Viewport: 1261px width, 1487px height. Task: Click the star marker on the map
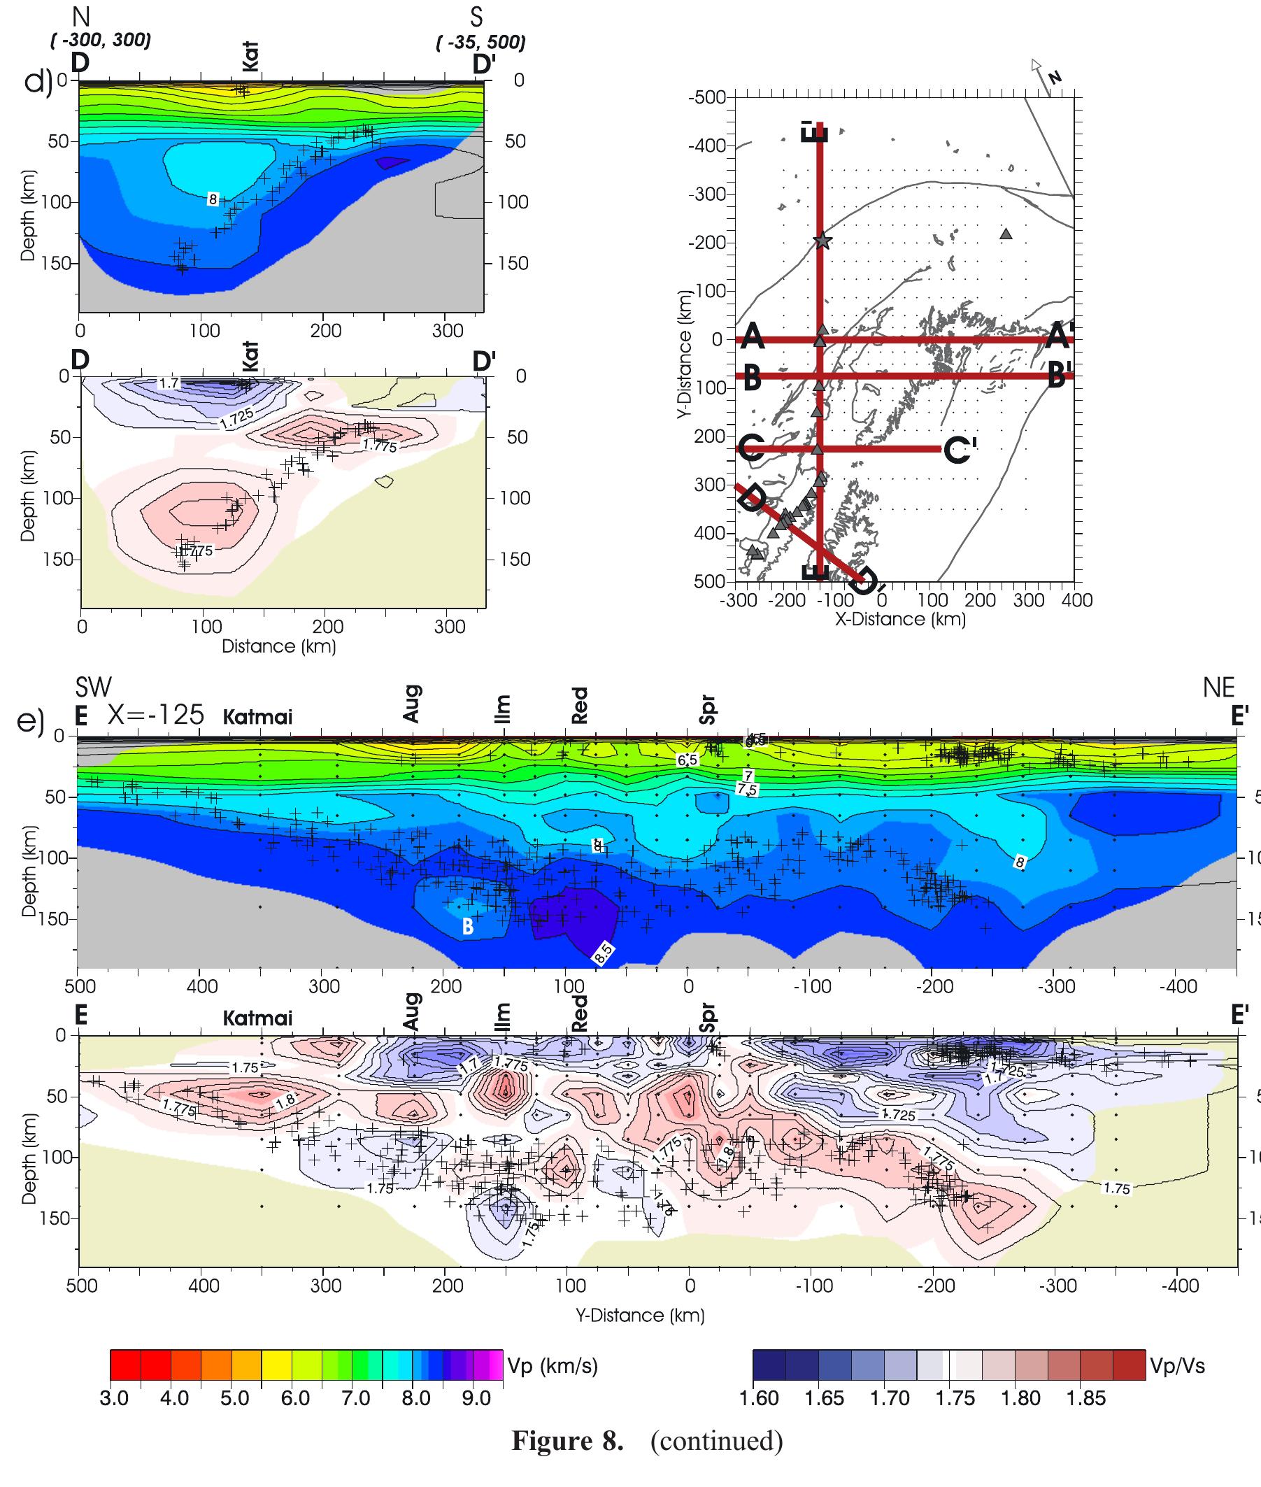822,241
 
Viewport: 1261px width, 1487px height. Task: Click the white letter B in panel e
467,927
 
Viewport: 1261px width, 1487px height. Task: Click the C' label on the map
960,450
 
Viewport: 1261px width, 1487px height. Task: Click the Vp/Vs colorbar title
1176,1366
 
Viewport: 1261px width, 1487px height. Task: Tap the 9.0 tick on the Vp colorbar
476,1398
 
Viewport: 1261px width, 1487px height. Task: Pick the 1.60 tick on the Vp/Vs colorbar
758,1398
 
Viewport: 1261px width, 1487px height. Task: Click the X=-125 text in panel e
156,714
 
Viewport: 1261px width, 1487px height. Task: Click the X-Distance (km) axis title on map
900,619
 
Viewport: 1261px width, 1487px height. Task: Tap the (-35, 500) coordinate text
480,42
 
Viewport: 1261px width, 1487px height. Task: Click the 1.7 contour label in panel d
168,383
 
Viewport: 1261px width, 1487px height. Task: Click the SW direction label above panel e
94,687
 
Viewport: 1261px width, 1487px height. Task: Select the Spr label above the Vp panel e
708,709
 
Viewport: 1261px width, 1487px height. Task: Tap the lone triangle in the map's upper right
1006,234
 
